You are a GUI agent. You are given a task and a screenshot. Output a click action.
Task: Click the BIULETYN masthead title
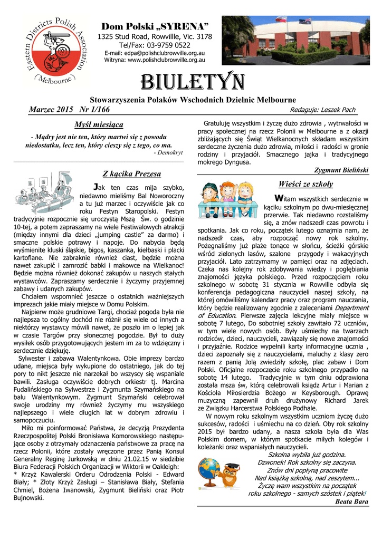click(192, 83)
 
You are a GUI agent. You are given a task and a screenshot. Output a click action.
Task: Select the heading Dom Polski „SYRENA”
click(155, 26)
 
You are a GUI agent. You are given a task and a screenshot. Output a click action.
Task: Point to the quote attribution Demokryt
click(170, 152)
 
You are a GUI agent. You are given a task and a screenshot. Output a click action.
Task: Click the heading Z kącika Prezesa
click(131, 173)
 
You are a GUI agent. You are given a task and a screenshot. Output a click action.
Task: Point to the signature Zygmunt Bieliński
click(341, 170)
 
